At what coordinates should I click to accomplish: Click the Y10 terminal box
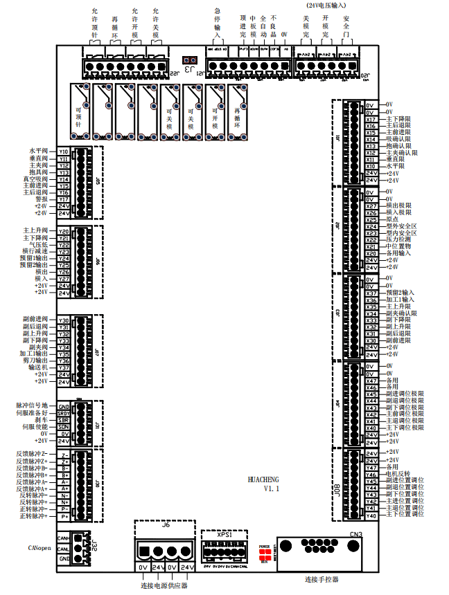click(x=64, y=152)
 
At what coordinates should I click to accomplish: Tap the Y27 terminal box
click(x=64, y=279)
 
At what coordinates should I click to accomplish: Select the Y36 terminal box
click(x=64, y=361)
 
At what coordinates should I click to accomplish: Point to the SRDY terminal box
click(x=64, y=413)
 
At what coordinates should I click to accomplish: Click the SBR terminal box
click(x=64, y=420)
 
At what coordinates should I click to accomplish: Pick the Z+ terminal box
click(x=64, y=461)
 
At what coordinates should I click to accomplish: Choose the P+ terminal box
click(x=64, y=517)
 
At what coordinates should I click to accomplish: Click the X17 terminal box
click(x=371, y=119)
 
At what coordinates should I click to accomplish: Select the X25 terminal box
click(x=371, y=220)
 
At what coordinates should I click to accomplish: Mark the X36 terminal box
click(x=371, y=300)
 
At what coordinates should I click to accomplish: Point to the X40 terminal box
click(x=371, y=428)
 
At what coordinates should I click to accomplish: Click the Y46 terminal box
click(x=371, y=474)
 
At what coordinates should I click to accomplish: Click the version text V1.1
click(x=270, y=488)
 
